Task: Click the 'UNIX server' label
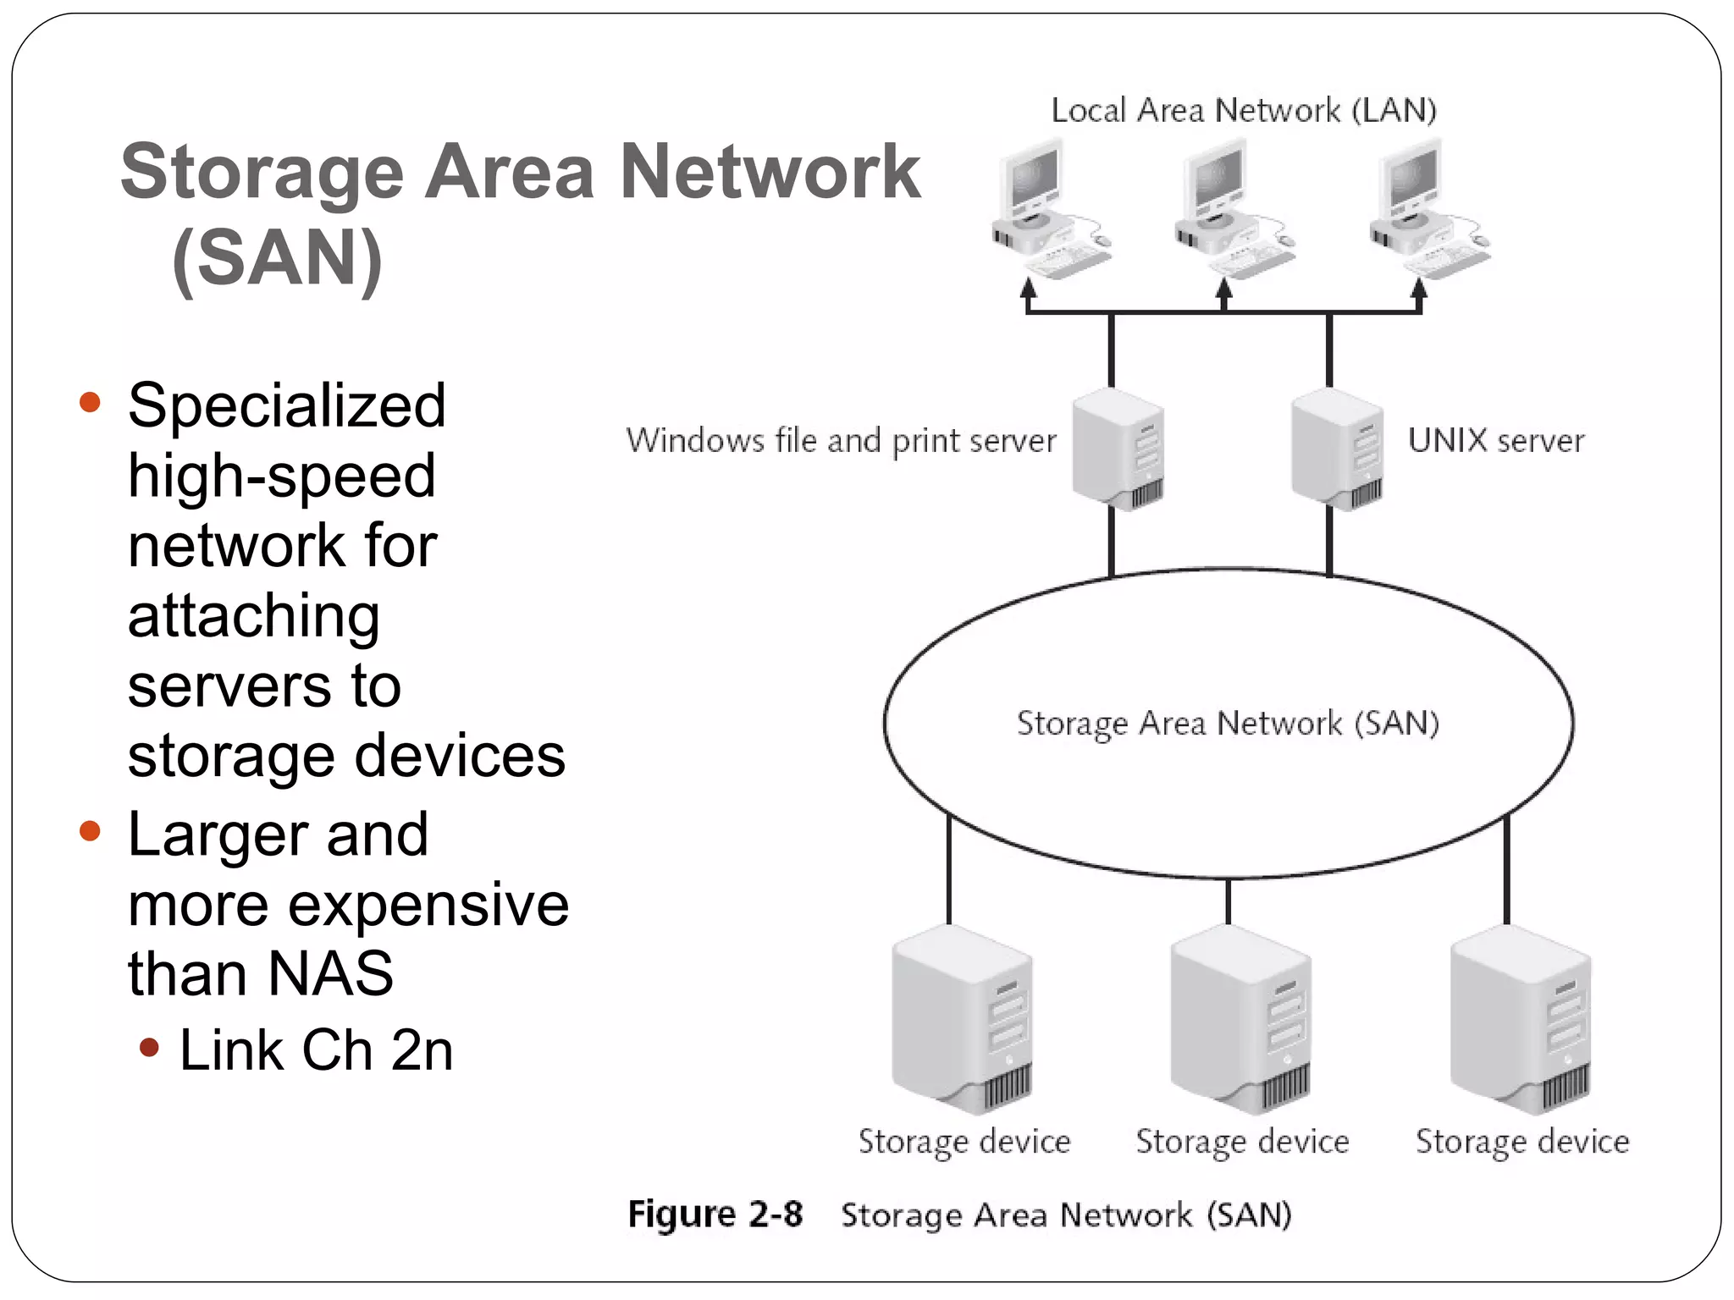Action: [x=1495, y=441]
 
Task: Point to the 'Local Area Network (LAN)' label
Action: [x=1243, y=111]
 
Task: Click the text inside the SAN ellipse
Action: [x=1228, y=724]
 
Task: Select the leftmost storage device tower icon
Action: [x=963, y=1020]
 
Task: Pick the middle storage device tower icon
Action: [x=1241, y=1020]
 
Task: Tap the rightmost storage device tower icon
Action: [x=1521, y=1020]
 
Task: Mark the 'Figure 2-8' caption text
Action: [x=715, y=1215]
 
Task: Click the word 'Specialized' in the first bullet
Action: [x=286, y=406]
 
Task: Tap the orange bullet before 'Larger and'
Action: [x=90, y=831]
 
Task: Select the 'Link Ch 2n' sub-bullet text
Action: [x=316, y=1051]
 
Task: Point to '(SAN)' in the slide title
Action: [x=277, y=258]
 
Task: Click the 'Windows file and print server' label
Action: [x=841, y=441]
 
